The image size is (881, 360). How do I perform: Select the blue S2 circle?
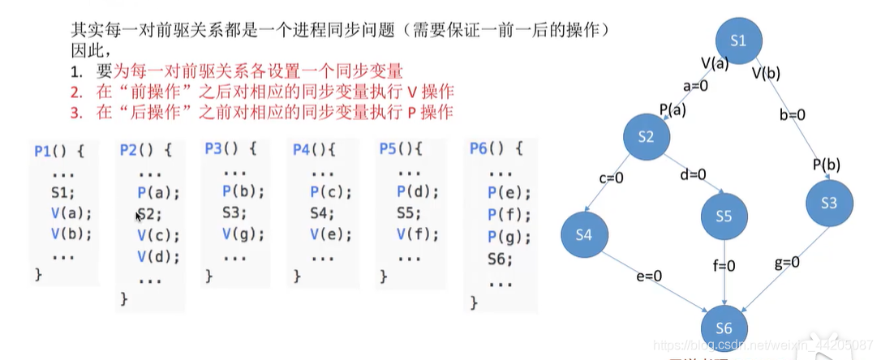(x=646, y=137)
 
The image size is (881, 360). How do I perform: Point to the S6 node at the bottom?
(x=724, y=328)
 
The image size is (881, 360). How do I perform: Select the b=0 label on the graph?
(x=792, y=114)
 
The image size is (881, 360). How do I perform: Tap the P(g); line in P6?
(x=509, y=237)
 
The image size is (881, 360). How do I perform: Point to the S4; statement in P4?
(x=322, y=214)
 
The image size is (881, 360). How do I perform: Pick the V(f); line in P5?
(x=418, y=236)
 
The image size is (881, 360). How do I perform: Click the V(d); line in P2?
(x=157, y=257)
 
